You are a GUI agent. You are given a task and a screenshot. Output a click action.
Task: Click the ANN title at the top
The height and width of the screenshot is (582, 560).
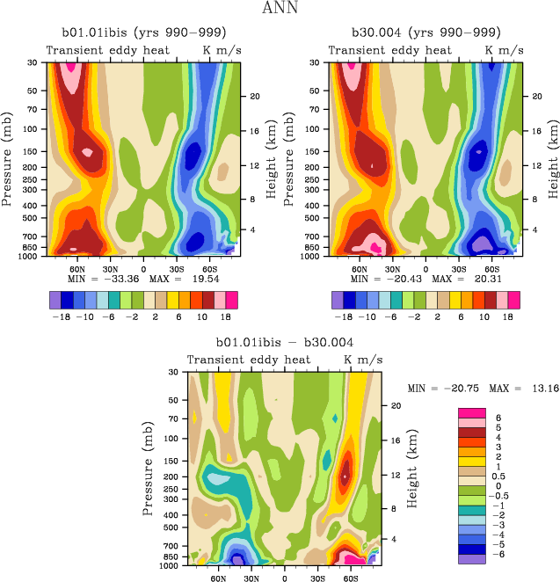click(x=280, y=10)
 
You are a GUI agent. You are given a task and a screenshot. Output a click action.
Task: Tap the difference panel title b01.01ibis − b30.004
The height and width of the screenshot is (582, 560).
click(x=280, y=343)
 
